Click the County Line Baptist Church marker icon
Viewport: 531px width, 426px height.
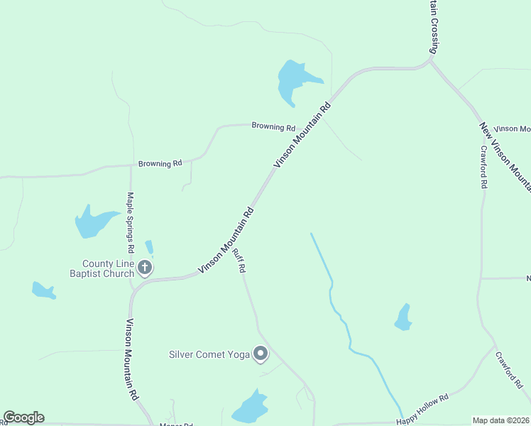(145, 268)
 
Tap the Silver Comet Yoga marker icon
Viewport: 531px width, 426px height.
(261, 353)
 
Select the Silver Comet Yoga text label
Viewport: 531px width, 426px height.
(209, 354)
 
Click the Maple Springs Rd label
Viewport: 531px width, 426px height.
(131, 222)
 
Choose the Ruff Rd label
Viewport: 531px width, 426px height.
(241, 263)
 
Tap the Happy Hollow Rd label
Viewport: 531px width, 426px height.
(423, 410)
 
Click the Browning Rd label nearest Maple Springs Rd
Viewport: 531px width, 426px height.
(160, 163)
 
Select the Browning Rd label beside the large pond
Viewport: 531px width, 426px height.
(273, 127)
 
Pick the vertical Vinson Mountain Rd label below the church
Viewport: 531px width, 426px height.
(131, 360)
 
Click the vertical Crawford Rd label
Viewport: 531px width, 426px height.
(483, 166)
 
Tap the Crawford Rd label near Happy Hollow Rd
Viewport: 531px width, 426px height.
(509, 370)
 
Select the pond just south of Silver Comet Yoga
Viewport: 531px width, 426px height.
(250, 408)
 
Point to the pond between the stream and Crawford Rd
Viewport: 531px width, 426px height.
(403, 317)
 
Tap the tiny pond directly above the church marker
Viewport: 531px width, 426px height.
(149, 247)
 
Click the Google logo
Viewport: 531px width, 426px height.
(23, 417)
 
